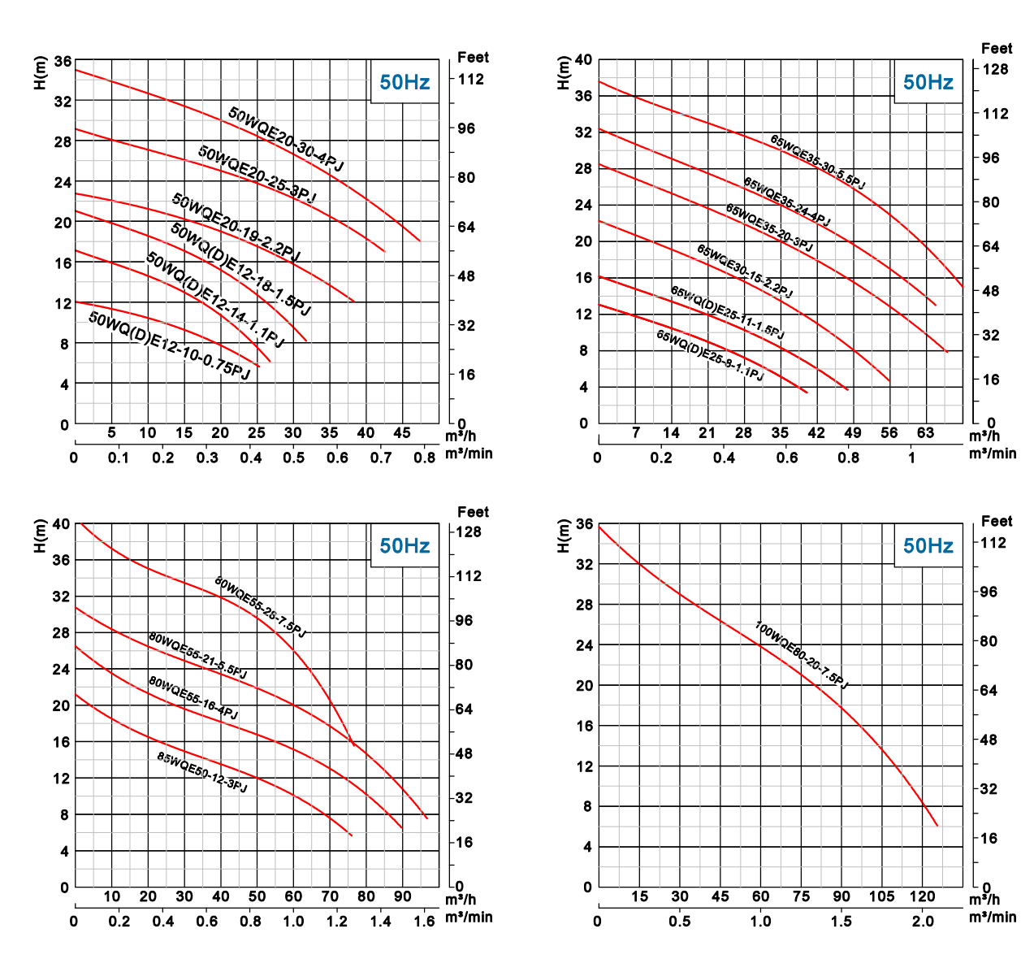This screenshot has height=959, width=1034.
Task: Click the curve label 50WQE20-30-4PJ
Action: (285, 139)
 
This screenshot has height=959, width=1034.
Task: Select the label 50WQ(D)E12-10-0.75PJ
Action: (169, 345)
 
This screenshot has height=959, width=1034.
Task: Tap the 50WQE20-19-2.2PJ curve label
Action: (236, 228)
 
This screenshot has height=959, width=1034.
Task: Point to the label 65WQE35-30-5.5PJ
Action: (817, 163)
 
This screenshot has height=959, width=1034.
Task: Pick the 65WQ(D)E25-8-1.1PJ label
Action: (710, 356)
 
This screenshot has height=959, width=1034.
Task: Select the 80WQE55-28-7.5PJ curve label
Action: (260, 607)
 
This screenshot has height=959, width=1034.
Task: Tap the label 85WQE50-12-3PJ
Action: (202, 773)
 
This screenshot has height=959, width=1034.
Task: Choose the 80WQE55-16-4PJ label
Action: (193, 697)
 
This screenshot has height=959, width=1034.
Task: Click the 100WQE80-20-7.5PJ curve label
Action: (801, 655)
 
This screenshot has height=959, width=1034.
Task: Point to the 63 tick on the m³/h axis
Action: (926, 433)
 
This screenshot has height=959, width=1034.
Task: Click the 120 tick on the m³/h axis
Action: (922, 897)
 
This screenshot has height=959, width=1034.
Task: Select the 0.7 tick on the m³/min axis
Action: (382, 457)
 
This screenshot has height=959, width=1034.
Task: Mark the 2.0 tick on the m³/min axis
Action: (923, 921)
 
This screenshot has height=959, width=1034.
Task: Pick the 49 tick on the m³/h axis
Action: (853, 433)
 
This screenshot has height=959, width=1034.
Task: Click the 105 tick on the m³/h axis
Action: (882, 897)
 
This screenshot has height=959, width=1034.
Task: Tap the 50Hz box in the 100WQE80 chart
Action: (928, 545)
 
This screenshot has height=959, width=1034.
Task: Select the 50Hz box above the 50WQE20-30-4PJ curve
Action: (405, 82)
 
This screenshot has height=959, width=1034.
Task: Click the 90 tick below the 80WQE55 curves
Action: (403, 897)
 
